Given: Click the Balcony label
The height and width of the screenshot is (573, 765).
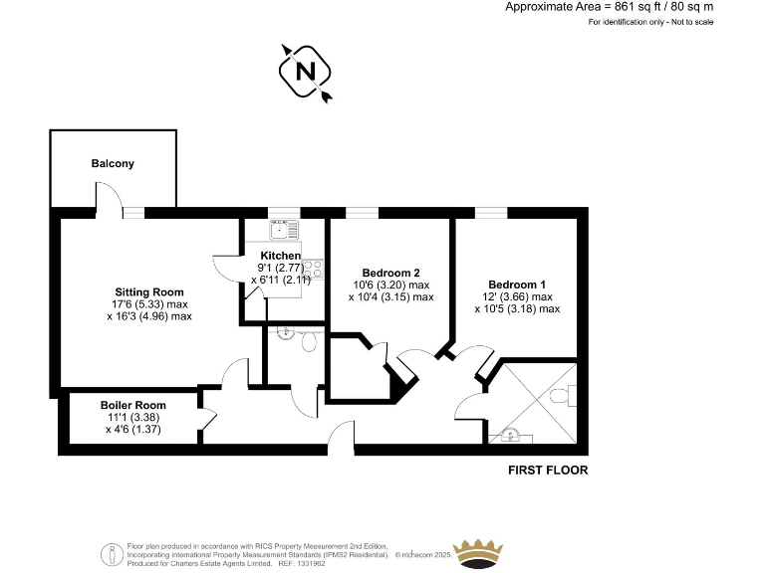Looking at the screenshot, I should (113, 163).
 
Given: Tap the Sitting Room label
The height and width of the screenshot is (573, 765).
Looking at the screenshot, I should (148, 291).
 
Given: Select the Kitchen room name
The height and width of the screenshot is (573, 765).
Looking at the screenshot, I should (280, 256).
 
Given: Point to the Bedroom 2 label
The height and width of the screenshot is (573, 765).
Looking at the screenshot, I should (390, 273).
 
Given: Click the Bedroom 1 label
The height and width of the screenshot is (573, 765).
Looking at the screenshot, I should (517, 284).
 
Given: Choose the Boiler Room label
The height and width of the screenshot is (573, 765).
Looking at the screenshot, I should (133, 405).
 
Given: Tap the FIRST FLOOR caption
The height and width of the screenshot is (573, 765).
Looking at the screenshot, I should (548, 471).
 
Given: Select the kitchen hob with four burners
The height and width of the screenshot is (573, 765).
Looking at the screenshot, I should (313, 267).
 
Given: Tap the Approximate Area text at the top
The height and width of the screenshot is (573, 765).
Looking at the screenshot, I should (610, 7).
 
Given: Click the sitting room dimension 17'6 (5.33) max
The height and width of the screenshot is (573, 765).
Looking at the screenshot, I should (148, 304).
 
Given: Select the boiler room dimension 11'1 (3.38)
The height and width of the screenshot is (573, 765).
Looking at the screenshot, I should (133, 418).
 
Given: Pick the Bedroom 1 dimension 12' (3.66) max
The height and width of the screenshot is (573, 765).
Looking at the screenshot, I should (517, 296).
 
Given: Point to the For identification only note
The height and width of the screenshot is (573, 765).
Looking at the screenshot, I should (651, 22).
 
